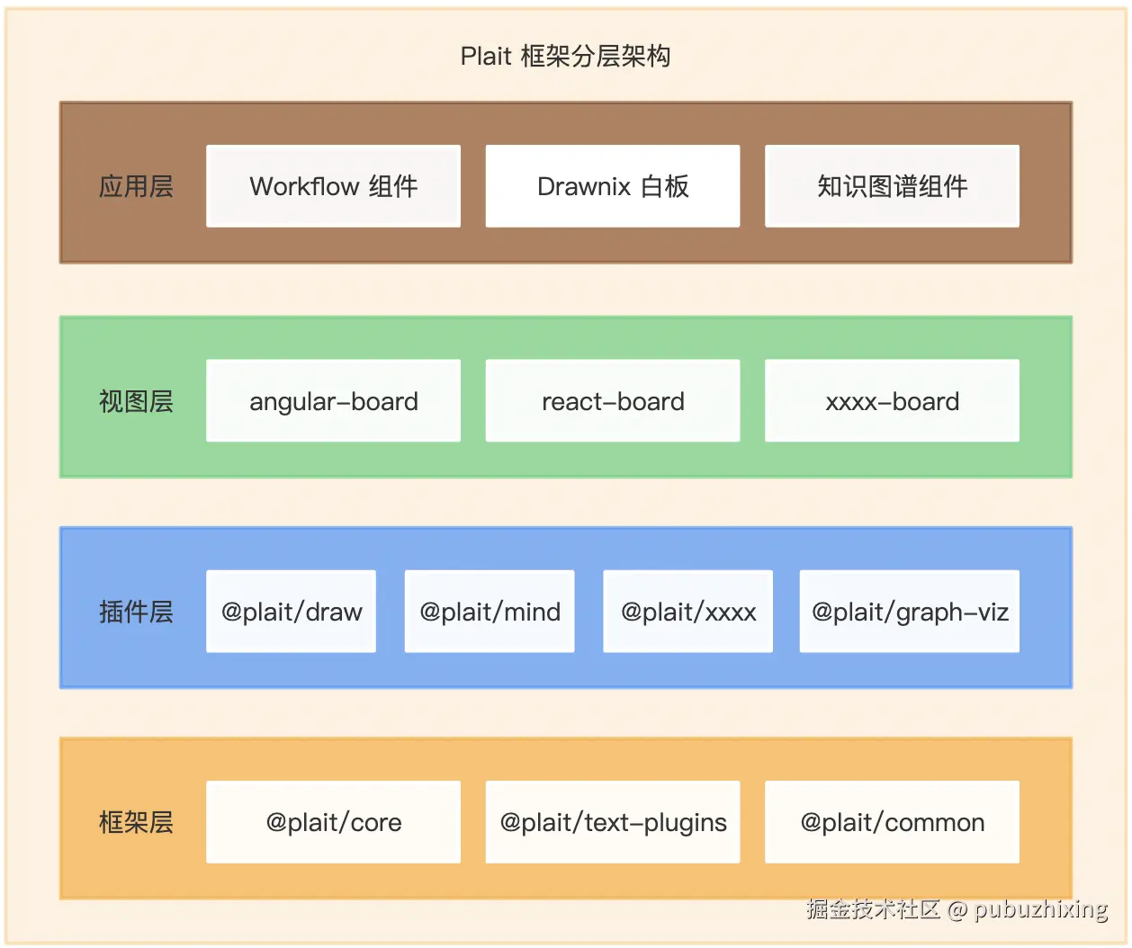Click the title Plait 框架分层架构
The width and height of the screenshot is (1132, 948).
565,57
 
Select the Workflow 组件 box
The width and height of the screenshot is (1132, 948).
333,186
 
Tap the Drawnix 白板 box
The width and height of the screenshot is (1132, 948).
613,186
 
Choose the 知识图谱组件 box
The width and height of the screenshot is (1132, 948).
892,186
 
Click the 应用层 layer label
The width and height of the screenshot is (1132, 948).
136,186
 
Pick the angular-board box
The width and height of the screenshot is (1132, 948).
333,401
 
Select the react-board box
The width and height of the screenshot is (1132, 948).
613,401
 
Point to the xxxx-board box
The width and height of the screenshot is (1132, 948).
892,401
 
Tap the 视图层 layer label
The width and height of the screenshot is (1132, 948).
136,401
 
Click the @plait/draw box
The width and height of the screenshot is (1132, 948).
291,612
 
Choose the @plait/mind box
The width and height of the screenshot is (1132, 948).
490,612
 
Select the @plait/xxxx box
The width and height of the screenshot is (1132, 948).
687,612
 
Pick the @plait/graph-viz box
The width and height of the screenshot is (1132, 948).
910,612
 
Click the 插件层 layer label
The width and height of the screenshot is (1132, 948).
136,612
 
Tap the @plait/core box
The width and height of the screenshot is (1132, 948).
333,822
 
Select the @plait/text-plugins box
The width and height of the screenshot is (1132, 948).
613,822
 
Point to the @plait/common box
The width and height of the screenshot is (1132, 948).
892,822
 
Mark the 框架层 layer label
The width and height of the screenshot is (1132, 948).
136,822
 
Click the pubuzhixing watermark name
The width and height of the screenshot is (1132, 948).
1040,909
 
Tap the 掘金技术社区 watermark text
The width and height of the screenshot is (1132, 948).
873,909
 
